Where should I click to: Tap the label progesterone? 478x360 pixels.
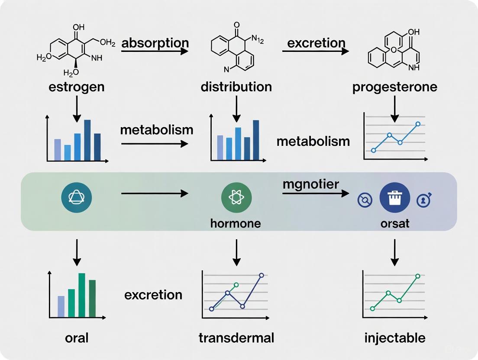point(394,87)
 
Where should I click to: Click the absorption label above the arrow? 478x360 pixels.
point(155,43)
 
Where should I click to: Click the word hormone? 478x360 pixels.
point(236,223)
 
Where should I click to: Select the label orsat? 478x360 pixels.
point(394,223)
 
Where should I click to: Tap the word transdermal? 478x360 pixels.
point(236,337)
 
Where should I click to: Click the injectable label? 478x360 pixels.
point(394,337)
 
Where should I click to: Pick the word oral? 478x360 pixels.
point(77,337)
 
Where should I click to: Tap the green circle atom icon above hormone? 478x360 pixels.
point(236,198)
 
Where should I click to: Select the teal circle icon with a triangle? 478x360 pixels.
point(77,197)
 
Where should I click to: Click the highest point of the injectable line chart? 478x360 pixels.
point(418,276)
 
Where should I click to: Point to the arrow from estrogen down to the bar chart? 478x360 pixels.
point(77,108)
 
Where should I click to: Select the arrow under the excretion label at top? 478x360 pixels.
point(315,51)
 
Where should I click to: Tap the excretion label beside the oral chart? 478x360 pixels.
point(153,295)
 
